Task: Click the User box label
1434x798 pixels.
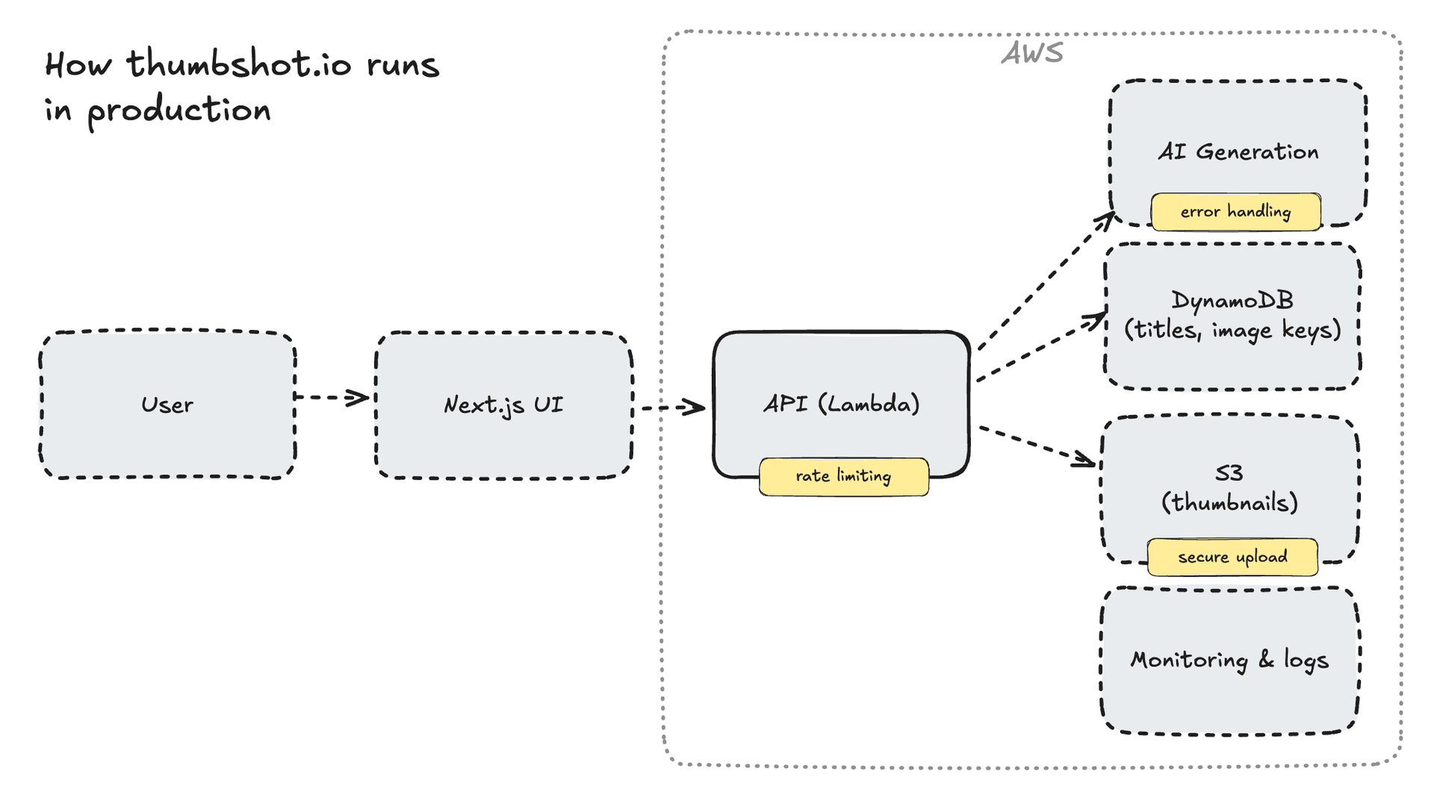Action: click(167, 405)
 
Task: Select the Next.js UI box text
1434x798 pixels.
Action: click(503, 405)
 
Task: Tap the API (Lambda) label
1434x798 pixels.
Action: click(841, 404)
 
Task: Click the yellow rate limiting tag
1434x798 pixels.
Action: click(843, 476)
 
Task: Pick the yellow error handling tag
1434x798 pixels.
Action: click(1235, 212)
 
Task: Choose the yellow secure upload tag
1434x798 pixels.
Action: click(1232, 557)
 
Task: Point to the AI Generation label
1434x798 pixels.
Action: click(1238, 152)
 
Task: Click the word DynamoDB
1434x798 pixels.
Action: click(1232, 300)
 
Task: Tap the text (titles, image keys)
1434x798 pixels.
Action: click(1232, 330)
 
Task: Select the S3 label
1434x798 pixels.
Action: click(1229, 473)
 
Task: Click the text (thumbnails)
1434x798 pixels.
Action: click(1229, 502)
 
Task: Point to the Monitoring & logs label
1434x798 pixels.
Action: click(1229, 660)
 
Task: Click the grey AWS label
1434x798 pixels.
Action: click(1032, 53)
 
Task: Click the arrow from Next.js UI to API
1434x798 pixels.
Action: click(671, 408)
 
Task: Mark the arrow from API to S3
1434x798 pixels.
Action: click(1037, 446)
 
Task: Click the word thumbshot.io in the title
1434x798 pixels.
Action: click(239, 64)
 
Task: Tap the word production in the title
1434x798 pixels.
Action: click(179, 110)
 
